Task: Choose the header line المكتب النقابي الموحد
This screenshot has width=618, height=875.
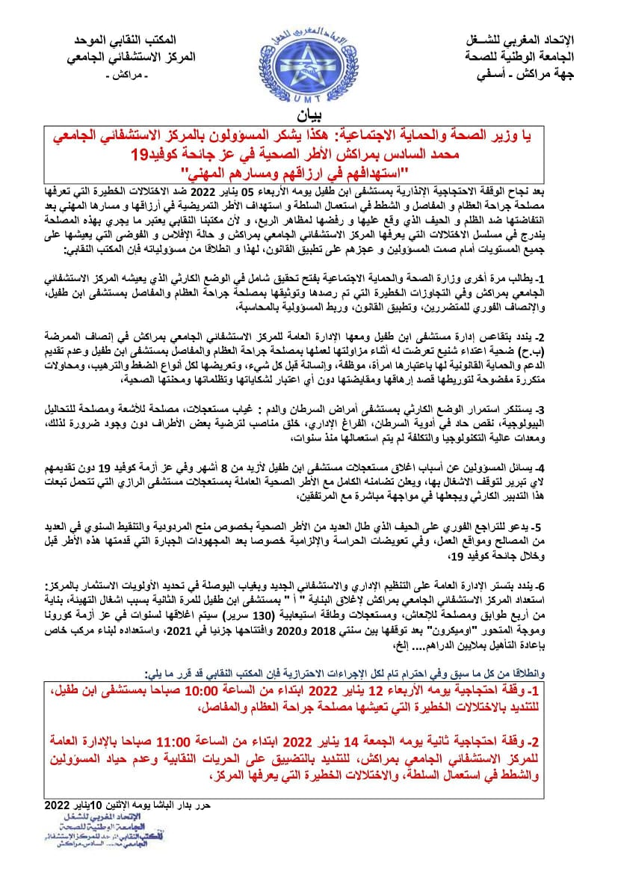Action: tap(134, 40)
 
